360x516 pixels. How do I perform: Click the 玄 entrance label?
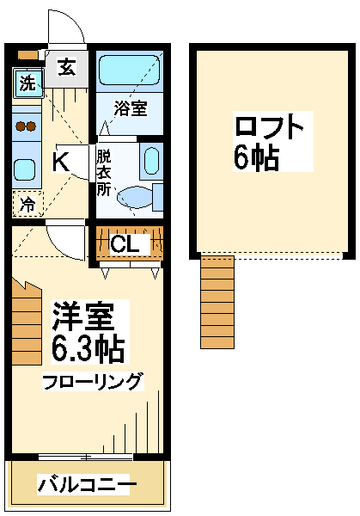tap(67, 66)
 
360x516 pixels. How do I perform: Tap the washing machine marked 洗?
tap(28, 83)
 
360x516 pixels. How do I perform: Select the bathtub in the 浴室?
tap(129, 71)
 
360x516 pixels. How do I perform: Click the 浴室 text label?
tap(131, 108)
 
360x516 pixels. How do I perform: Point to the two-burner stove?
tap(27, 126)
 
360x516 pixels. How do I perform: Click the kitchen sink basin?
tap(24, 169)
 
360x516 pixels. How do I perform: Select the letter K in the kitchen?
tap(61, 162)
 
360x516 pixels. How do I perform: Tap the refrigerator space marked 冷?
tap(27, 204)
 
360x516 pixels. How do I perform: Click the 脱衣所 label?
tap(104, 173)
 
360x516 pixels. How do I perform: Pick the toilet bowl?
tap(136, 198)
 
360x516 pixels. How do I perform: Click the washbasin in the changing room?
tap(151, 162)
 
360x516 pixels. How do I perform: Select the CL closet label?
tap(125, 244)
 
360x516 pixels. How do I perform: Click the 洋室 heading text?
tap(83, 316)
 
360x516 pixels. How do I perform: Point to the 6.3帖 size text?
tap(88, 348)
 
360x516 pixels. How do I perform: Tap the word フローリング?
tap(93, 381)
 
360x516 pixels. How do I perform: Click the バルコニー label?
tap(87, 483)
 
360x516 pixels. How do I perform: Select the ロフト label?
tap(269, 126)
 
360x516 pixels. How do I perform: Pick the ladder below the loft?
tap(217, 302)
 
